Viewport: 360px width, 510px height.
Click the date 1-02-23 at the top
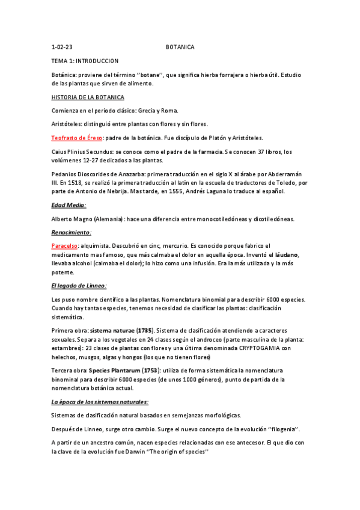62,47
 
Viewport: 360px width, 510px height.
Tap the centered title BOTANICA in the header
180,47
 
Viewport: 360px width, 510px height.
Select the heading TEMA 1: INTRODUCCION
85,61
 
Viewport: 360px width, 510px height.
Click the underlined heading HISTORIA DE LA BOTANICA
88,97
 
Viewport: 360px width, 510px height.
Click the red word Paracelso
64,245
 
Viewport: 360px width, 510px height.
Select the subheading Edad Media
69,205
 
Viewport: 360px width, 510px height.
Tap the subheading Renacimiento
71,232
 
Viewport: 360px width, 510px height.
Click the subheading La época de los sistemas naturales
99,401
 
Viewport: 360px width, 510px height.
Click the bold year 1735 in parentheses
144,330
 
